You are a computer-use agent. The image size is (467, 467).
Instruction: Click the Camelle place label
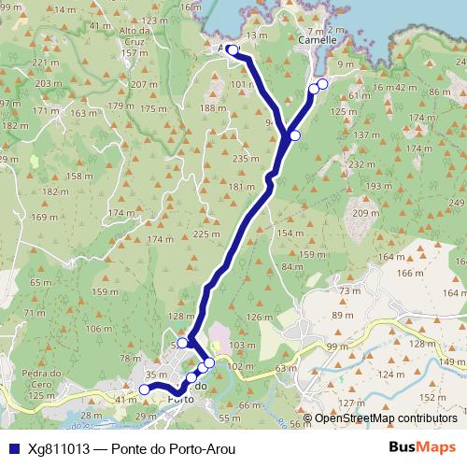[310, 41]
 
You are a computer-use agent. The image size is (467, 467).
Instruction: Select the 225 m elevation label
[205, 233]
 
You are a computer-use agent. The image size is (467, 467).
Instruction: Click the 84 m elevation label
[292, 267]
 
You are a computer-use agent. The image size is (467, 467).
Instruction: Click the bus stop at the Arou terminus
[233, 50]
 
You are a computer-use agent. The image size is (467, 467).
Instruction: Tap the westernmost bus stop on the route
[144, 389]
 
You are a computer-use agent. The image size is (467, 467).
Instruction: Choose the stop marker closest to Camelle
[323, 85]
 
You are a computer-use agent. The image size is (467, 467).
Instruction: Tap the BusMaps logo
[422, 447]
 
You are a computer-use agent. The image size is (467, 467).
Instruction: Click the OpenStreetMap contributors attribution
[386, 418]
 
